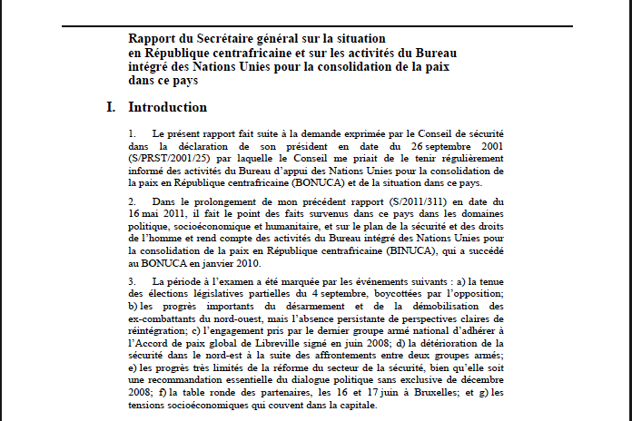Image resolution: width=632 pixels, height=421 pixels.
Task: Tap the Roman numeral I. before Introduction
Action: tap(111, 107)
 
